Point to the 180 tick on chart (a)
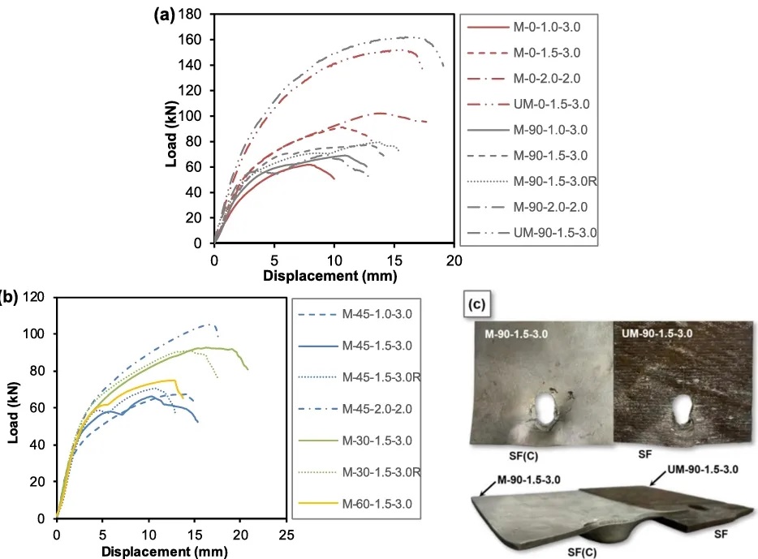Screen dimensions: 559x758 click(x=192, y=15)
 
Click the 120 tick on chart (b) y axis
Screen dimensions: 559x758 click(x=33, y=297)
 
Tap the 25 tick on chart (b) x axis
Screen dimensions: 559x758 click(x=286, y=535)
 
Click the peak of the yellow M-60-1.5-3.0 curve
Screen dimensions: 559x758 click(x=174, y=380)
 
